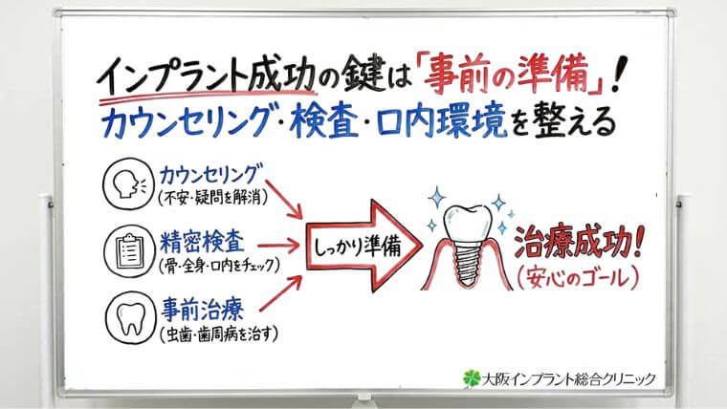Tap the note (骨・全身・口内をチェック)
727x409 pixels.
pyautogui.click(x=222, y=265)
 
